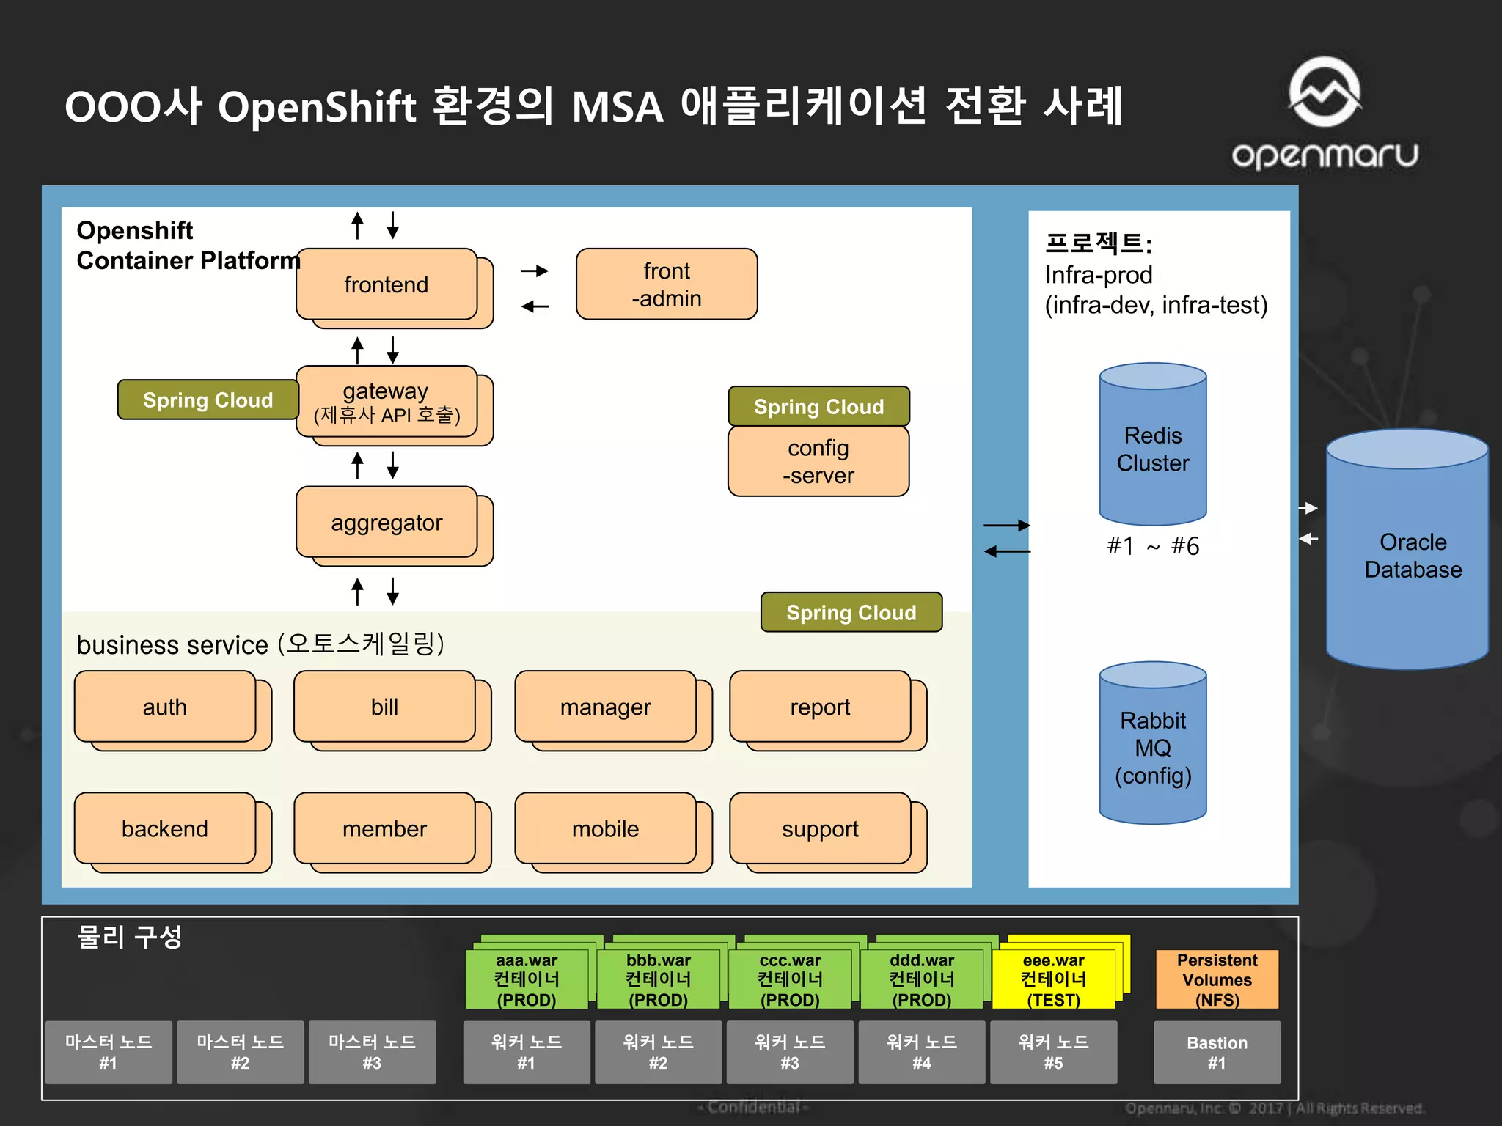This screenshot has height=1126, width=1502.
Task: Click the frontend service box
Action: click(387, 284)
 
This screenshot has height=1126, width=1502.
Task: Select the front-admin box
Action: click(666, 284)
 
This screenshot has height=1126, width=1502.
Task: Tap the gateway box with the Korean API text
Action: click(387, 402)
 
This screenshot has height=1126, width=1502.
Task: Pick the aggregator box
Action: click(387, 523)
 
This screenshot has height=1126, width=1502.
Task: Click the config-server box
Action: click(818, 461)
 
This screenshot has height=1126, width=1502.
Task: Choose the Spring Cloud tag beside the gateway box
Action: click(208, 400)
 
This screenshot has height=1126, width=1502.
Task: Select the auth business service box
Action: click(165, 707)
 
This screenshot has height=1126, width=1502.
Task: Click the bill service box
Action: click(384, 707)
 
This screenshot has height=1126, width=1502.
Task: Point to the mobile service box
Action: click(605, 828)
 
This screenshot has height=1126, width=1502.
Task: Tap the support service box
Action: click(820, 828)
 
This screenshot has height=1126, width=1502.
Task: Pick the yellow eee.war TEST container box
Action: click(1053, 979)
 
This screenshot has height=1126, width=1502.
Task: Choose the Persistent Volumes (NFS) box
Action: click(1217, 979)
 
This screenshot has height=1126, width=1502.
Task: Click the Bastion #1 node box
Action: click(1217, 1052)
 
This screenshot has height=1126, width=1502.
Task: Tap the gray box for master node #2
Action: click(240, 1052)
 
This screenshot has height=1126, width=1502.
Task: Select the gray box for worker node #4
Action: click(921, 1052)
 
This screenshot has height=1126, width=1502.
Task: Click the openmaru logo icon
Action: click(1325, 92)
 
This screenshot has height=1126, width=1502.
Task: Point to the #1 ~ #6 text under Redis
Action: click(1152, 546)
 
